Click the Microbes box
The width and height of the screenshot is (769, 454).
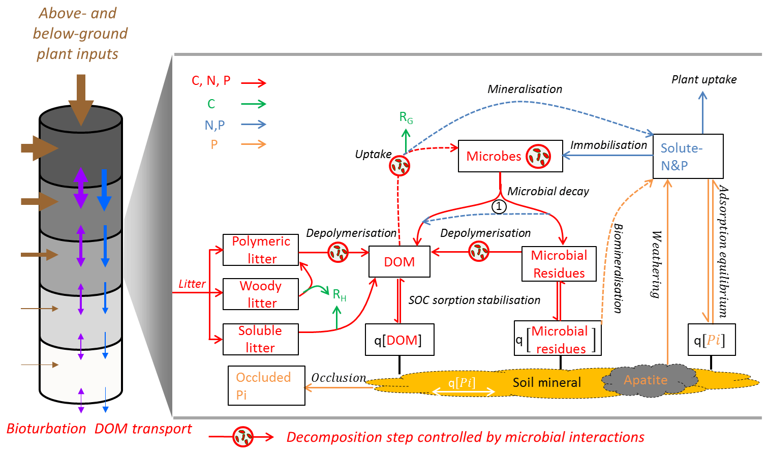click(510, 156)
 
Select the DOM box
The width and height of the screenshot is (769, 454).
click(399, 262)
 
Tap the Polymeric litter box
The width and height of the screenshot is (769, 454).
click(261, 250)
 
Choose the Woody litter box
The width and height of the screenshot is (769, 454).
click(261, 294)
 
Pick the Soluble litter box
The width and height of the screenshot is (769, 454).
click(261, 339)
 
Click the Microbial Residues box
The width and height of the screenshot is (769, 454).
click(559, 264)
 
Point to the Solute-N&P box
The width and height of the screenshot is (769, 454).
click(688, 156)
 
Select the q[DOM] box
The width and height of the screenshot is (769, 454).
click(399, 340)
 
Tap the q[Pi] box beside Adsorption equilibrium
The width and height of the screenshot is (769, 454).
click(711, 340)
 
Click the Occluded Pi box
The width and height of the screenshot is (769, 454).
click(266, 385)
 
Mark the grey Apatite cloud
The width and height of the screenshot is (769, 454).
click(646, 380)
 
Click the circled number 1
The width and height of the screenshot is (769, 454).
click(499, 206)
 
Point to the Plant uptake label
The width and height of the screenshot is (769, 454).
click(704, 79)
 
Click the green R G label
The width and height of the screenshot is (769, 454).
click(406, 118)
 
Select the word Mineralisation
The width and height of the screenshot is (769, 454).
click(525, 89)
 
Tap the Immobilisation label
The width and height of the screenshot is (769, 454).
click(608, 145)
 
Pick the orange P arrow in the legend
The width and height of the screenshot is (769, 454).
click(254, 144)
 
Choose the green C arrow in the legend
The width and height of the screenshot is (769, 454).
click(254, 104)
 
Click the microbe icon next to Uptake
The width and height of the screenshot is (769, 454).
click(399, 165)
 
